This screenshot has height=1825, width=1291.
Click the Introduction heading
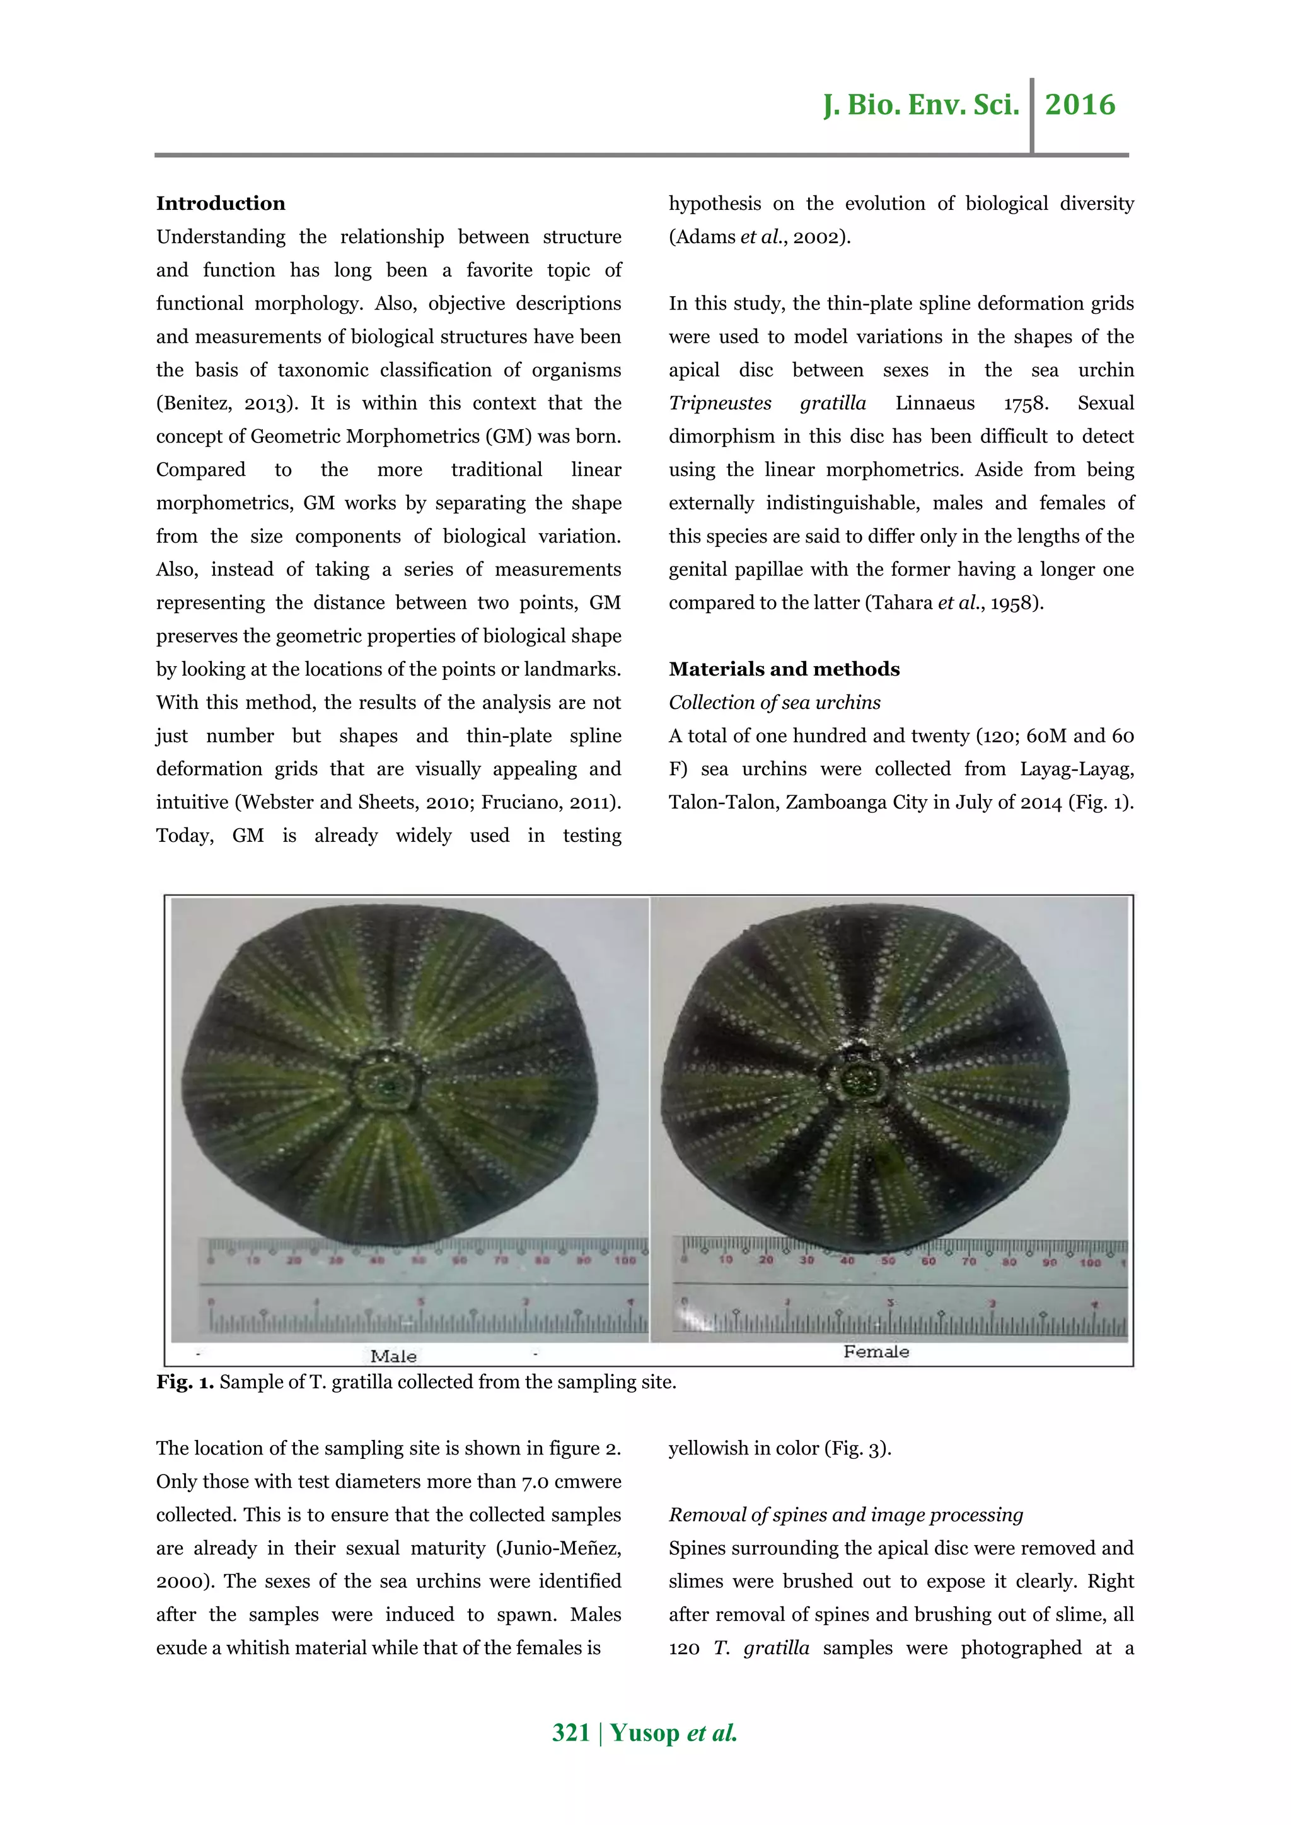pos(220,204)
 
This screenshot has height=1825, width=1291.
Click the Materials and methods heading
pos(783,669)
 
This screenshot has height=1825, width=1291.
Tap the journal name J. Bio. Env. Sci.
pos(920,105)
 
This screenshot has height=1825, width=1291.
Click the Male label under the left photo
pos(393,1356)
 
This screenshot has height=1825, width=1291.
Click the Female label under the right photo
pos(876,1351)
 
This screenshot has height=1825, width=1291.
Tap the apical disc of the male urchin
pos(387,1083)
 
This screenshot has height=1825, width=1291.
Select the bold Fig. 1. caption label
pos(185,1382)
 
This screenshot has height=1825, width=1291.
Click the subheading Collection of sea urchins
pos(773,702)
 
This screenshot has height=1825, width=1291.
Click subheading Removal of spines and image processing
pos(845,1514)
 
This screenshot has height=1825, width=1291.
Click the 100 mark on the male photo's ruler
pos(625,1260)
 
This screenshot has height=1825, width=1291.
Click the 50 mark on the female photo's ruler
pos(888,1260)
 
